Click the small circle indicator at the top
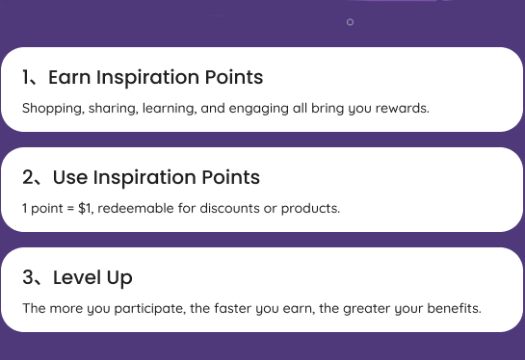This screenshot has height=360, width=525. (x=350, y=22)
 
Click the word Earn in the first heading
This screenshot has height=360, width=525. (x=69, y=77)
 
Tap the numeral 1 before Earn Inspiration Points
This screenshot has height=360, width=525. (x=25, y=77)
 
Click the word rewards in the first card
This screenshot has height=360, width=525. (x=402, y=108)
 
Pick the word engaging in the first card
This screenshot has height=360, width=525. (x=258, y=109)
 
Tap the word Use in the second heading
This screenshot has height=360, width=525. (x=70, y=177)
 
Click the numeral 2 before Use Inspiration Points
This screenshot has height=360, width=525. (x=28, y=177)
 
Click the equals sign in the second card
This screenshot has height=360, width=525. (x=70, y=208)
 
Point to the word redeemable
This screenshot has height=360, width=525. (x=136, y=208)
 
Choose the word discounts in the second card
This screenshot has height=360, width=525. (x=229, y=208)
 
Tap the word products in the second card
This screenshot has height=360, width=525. (x=310, y=209)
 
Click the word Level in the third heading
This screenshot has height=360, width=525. (x=77, y=277)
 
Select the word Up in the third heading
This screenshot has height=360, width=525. (x=119, y=278)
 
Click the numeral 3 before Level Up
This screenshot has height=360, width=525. (x=28, y=277)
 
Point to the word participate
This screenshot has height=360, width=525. (x=150, y=308)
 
